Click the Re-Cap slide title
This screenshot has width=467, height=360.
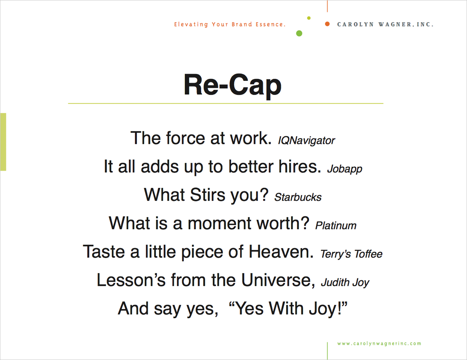(x=233, y=85)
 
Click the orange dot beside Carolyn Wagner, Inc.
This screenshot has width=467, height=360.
(x=327, y=24)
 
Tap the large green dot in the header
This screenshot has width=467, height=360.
(x=299, y=33)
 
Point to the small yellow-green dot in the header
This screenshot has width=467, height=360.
(x=309, y=18)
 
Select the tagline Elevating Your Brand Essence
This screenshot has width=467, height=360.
(x=230, y=25)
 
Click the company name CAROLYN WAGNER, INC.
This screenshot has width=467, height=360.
(x=385, y=25)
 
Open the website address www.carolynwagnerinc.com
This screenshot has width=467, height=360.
(x=379, y=344)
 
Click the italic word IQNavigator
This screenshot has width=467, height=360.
(x=306, y=140)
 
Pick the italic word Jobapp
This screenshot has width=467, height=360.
(x=345, y=169)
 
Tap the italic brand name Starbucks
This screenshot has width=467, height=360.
(x=298, y=197)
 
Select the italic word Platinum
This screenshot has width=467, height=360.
(x=336, y=226)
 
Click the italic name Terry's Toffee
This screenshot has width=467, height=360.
(x=351, y=254)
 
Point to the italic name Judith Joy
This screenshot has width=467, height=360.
(x=345, y=282)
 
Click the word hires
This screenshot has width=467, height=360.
(x=299, y=166)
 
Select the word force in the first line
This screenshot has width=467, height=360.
(x=185, y=138)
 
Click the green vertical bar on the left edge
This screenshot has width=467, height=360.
(x=3, y=142)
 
